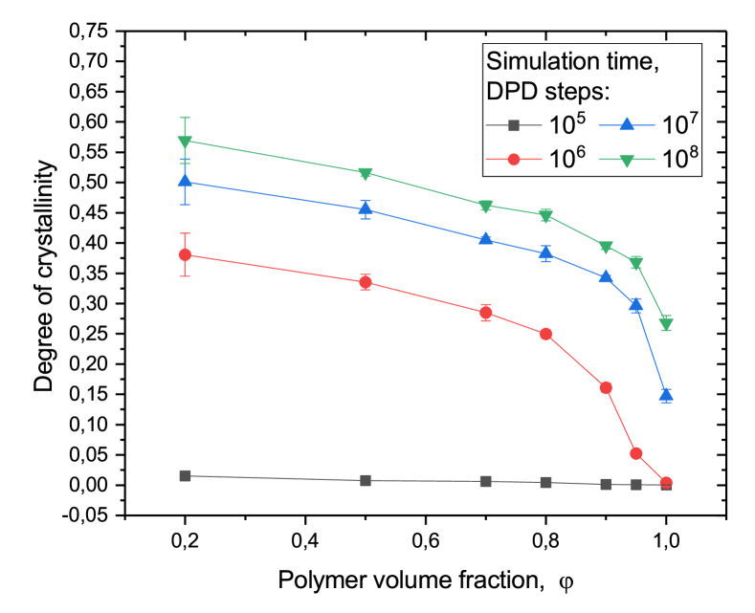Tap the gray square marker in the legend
point(513,125)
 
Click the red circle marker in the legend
point(513,159)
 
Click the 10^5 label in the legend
point(564,124)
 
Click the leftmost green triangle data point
point(186,142)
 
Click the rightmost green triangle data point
point(666,325)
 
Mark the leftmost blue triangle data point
point(186,181)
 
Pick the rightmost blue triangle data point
point(666,394)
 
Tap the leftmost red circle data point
point(186,254)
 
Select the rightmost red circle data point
point(666,483)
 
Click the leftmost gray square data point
point(186,475)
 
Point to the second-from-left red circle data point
point(366,282)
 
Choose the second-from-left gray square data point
point(366,480)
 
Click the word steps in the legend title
point(573,93)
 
